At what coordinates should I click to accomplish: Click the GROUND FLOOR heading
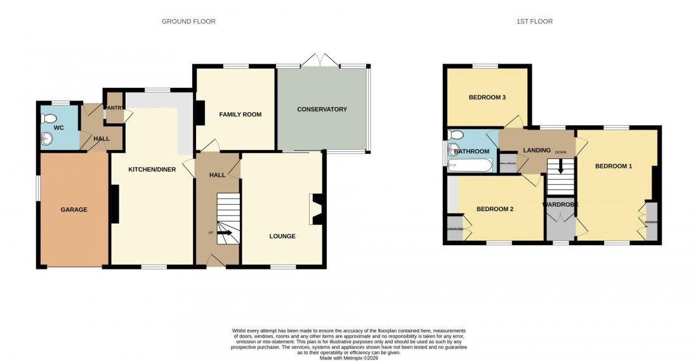pyautogui.click(x=188, y=22)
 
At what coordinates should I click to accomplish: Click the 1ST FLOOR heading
pyautogui.click(x=534, y=22)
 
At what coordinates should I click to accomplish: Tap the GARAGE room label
pyautogui.click(x=74, y=210)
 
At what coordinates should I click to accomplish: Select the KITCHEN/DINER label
pyautogui.click(x=152, y=170)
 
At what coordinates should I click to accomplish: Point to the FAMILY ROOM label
pyautogui.click(x=240, y=114)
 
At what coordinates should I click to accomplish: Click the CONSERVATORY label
pyautogui.click(x=322, y=109)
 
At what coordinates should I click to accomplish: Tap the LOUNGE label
pyautogui.click(x=282, y=236)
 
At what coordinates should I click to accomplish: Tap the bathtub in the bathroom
pyautogui.click(x=470, y=167)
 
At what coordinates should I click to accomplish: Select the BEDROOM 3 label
pyautogui.click(x=487, y=98)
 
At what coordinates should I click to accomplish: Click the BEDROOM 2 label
pyautogui.click(x=494, y=209)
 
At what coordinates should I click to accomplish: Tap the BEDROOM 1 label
pyautogui.click(x=613, y=166)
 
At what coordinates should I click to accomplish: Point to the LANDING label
pyautogui.click(x=536, y=150)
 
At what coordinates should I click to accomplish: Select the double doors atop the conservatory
pyautogui.click(x=320, y=60)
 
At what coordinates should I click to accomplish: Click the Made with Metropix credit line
pyautogui.click(x=348, y=358)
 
